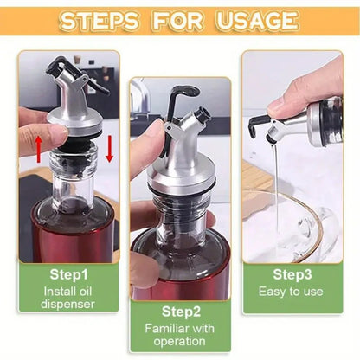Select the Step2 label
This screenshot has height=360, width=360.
click(180, 311)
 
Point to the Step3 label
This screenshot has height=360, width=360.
click(292, 274)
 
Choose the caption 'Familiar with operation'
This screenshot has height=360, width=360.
click(180, 334)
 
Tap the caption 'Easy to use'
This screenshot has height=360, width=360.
click(292, 292)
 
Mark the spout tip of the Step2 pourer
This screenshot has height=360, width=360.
click(202, 113)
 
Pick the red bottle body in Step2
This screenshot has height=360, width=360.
click(180, 268)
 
